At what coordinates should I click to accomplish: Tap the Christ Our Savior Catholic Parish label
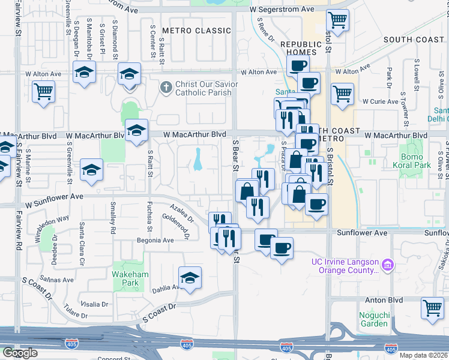click(206, 89)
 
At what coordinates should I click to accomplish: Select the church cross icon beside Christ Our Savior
click(166, 88)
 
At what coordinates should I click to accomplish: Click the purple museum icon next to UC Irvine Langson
click(388, 264)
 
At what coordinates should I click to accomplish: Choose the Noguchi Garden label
click(373, 319)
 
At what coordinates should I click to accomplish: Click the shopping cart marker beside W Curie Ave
click(342, 93)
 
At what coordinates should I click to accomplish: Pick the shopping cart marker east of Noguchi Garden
click(432, 308)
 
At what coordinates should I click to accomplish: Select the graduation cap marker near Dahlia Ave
click(190, 277)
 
